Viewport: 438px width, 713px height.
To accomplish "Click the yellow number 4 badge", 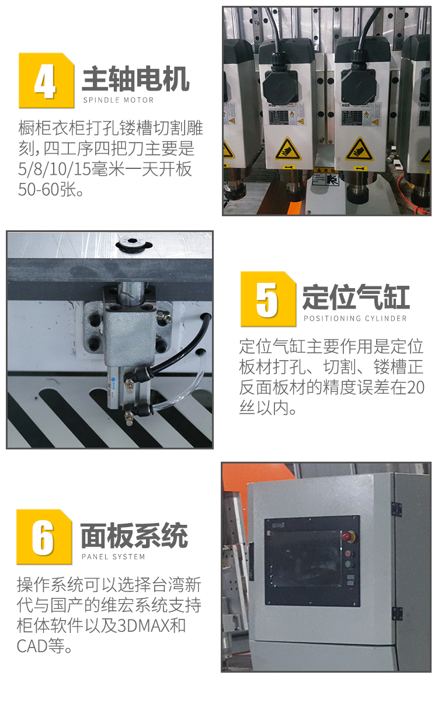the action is (x=47, y=81).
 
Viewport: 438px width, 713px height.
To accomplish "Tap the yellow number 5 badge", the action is (x=268, y=299).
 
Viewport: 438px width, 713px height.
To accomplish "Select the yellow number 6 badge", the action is (x=44, y=537).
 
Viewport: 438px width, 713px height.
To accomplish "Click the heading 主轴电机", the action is (x=136, y=79).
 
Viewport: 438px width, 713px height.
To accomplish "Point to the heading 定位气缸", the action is (x=356, y=297).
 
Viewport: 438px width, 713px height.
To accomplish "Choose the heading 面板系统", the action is (x=134, y=535).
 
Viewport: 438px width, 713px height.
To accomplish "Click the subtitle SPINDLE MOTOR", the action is (x=119, y=100).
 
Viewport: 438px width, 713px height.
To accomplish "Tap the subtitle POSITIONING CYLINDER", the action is (x=355, y=319).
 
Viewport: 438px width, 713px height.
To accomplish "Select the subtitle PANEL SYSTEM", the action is (x=113, y=557).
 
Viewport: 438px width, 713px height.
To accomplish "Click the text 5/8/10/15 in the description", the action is (x=54, y=169).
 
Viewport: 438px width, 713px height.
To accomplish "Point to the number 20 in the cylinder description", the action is (x=415, y=387).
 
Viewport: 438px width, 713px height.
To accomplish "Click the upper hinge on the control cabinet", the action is (x=397, y=509).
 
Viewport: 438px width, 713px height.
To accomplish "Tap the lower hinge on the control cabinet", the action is (x=397, y=612).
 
